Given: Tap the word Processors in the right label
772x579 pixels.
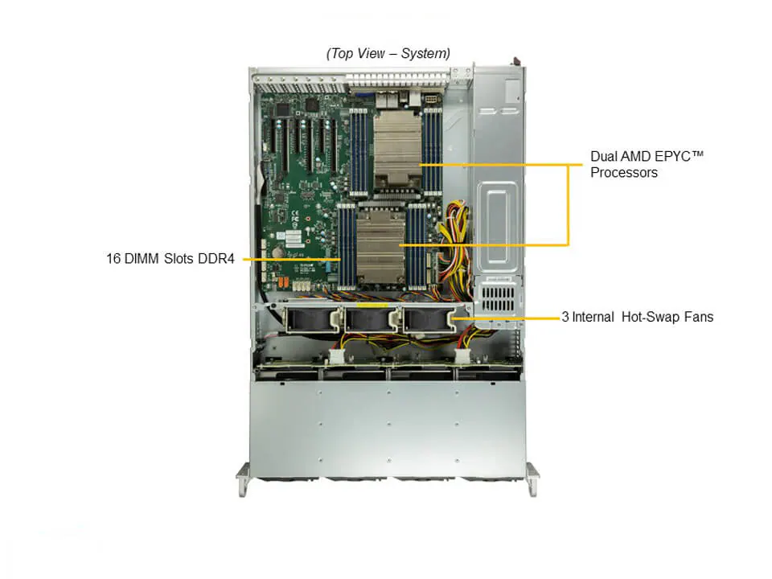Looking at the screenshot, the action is (624, 173).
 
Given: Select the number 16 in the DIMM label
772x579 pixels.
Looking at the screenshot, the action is (113, 258).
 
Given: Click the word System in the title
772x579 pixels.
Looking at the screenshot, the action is (425, 53).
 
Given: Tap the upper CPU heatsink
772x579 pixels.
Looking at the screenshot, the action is (397, 148).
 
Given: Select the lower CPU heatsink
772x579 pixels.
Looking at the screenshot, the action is (380, 244).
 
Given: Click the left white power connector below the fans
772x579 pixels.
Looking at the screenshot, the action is (336, 355).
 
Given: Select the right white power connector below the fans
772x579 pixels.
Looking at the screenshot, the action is (462, 355).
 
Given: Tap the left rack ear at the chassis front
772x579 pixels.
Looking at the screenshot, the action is (243, 479).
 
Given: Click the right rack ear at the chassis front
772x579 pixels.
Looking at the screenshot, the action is (532, 479).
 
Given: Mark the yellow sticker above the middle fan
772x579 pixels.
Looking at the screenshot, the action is (372, 306).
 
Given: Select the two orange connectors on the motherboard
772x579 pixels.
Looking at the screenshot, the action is (281, 283).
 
